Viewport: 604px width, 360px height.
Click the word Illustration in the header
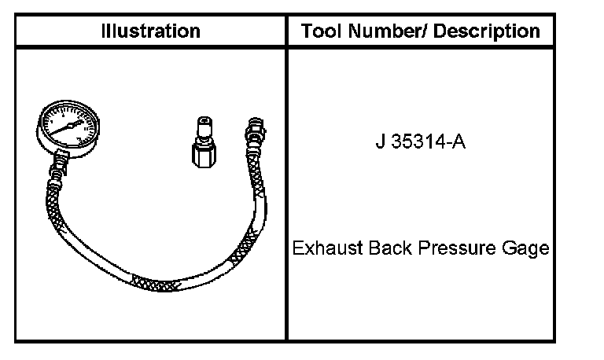(x=151, y=31)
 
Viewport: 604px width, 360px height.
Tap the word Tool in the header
(x=322, y=31)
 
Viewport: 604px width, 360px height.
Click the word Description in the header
(x=487, y=31)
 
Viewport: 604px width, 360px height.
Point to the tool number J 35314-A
(x=421, y=141)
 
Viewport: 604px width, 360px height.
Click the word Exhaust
(x=327, y=248)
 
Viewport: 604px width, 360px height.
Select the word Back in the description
(x=390, y=248)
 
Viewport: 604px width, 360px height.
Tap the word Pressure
(x=457, y=248)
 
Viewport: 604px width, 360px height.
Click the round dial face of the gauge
(x=69, y=126)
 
